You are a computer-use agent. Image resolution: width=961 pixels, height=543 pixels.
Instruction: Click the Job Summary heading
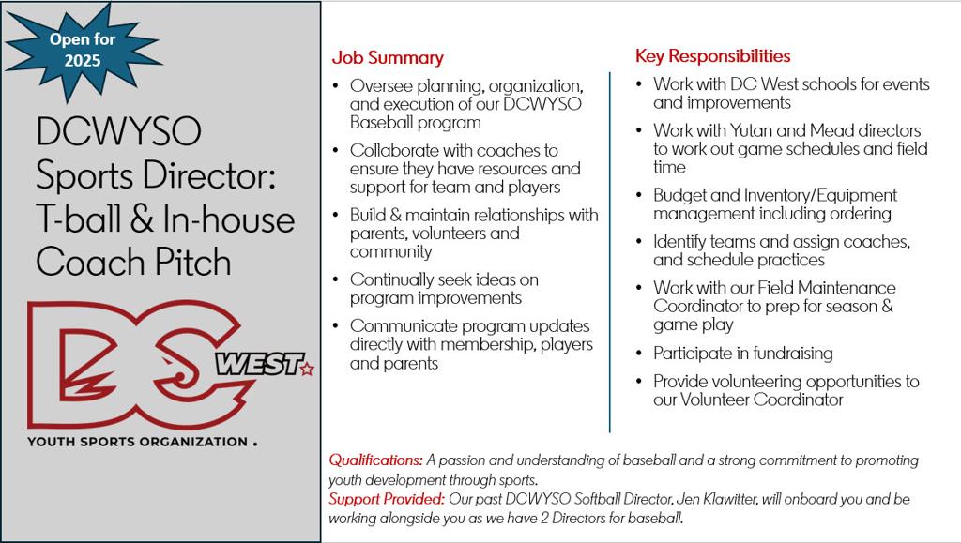click(388, 58)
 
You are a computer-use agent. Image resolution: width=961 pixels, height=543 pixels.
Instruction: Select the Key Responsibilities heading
click(712, 56)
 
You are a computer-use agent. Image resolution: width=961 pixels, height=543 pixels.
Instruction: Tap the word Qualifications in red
click(374, 460)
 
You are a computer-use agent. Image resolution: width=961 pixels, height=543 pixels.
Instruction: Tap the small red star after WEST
click(306, 370)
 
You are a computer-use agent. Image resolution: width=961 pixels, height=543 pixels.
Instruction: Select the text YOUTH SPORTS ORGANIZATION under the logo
click(136, 442)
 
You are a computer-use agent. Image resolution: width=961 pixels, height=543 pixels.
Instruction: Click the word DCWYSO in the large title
click(118, 132)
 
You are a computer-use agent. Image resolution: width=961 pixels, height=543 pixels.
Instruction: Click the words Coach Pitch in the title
click(133, 262)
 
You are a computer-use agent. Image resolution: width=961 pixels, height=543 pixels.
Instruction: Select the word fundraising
click(786, 354)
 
